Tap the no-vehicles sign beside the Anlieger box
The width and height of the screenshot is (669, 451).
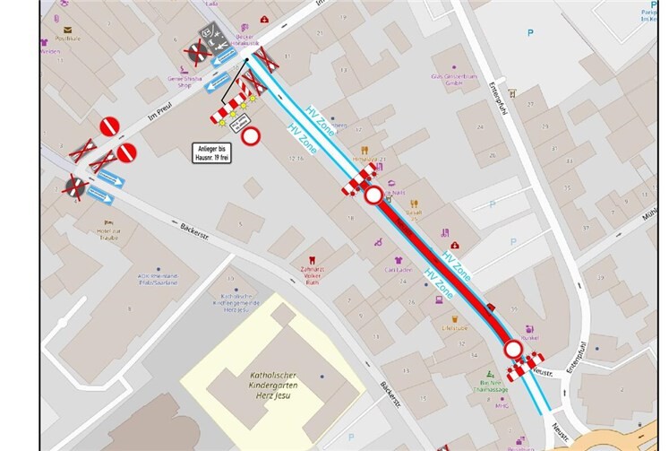coord(251,136)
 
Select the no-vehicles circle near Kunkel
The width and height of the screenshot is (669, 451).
coord(512,349)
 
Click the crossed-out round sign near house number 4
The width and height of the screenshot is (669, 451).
coord(74,186)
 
